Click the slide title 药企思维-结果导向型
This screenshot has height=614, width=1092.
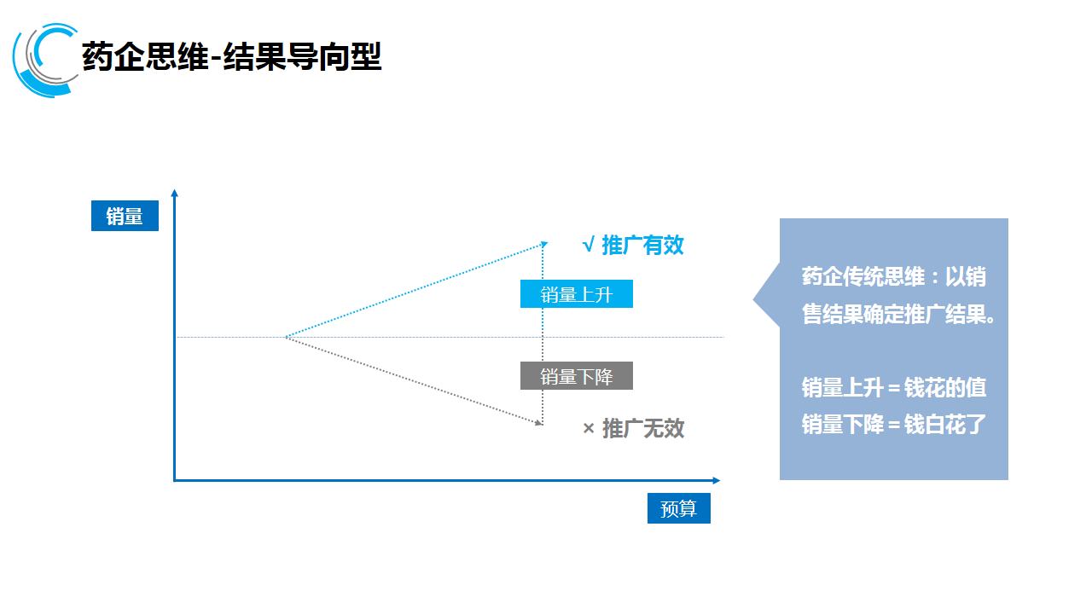click(231, 56)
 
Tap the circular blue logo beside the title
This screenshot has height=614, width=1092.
click(44, 60)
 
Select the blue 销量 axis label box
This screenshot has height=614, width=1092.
click(125, 217)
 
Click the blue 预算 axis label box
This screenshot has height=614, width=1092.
click(678, 509)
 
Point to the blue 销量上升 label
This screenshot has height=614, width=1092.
click(577, 294)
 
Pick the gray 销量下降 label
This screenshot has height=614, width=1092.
click(577, 376)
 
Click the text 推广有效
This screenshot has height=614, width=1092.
click(642, 246)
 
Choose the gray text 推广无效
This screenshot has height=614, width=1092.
click(642, 428)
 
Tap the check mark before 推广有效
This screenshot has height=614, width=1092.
click(588, 246)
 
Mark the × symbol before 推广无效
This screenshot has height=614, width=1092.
click(588, 428)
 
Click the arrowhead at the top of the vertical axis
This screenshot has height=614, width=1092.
click(174, 193)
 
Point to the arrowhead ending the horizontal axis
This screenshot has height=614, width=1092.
click(716, 481)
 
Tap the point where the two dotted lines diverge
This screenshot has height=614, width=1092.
click(286, 338)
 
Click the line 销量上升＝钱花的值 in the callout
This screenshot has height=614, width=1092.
click(893, 388)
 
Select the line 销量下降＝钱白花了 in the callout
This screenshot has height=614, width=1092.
click(893, 424)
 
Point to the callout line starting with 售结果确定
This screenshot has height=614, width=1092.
click(898, 314)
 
